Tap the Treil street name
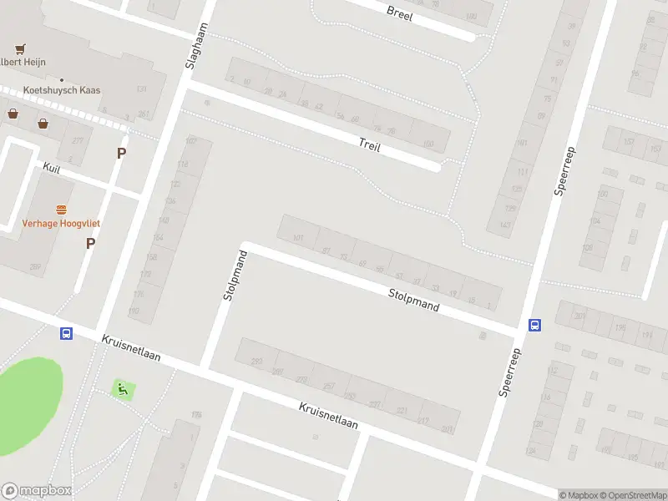(x=369, y=144)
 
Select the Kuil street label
(x=52, y=169)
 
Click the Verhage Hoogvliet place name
(x=61, y=224)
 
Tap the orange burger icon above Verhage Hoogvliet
(x=61, y=209)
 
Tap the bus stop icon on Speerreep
(x=535, y=325)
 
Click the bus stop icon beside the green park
(x=66, y=333)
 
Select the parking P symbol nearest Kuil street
(x=122, y=153)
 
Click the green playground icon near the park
(x=122, y=388)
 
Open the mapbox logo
(x=37, y=490)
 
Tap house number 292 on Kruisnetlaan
(x=257, y=362)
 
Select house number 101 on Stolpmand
(x=298, y=238)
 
